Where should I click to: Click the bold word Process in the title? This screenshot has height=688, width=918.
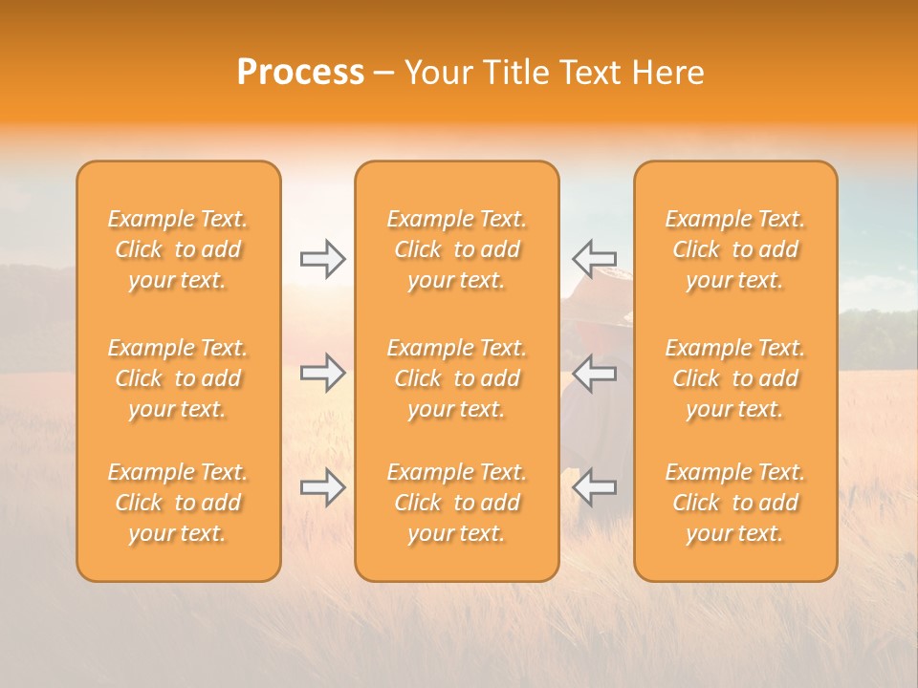point(300,73)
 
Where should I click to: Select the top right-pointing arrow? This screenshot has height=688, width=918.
point(323,259)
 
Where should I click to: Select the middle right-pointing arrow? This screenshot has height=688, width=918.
point(323,373)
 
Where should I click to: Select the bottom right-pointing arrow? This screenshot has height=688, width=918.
point(323,487)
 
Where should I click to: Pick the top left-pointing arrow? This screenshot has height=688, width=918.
point(594,259)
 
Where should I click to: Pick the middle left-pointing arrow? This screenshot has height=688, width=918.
point(594,373)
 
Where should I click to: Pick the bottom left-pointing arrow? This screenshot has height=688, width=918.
point(594,487)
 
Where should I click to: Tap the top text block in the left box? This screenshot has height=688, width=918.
point(178,249)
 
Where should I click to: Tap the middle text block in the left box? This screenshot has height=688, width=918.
point(178,378)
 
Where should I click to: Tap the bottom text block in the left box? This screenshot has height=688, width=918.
point(178,503)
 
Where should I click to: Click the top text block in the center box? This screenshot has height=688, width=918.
point(456,249)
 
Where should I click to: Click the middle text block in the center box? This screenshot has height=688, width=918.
point(456,378)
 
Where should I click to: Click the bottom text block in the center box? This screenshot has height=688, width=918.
point(456,503)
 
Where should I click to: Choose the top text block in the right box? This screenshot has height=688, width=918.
point(734,249)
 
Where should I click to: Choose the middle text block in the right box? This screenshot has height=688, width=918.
point(734,378)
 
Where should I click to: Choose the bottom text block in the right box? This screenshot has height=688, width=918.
point(734,503)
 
